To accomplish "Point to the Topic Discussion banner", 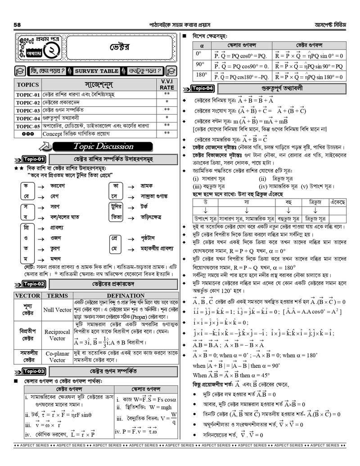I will click(103, 146).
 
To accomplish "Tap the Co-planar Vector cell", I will click(57, 357).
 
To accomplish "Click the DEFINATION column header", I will click(126, 295).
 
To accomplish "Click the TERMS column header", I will click(57, 295).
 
